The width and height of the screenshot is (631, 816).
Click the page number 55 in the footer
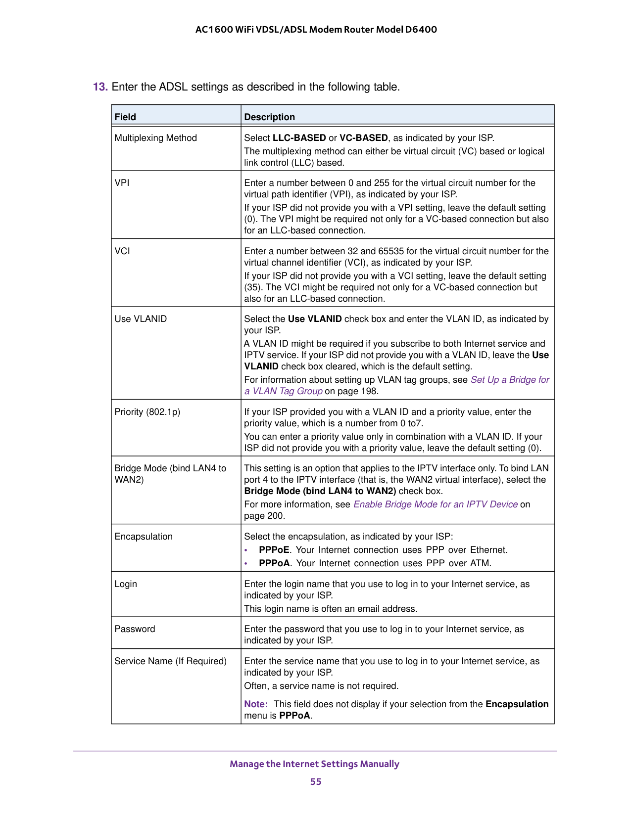[316, 781]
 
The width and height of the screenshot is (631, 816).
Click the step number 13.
[100, 87]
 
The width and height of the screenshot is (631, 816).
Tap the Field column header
[125, 117]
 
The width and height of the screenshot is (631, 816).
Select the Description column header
[269, 117]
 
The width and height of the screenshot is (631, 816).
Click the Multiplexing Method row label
[155, 138]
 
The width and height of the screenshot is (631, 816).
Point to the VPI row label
[122, 182]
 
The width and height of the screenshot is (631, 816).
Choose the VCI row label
[122, 251]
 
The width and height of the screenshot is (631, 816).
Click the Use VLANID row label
[141, 319]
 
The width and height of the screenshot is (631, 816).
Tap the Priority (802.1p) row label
[147, 411]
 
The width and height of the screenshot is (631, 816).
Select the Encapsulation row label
[144, 537]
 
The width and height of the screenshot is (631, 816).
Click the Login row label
[126, 584]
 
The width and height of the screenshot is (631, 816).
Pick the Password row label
[135, 629]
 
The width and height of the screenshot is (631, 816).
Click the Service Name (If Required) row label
[170, 661]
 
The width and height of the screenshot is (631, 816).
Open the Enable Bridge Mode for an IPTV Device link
[435, 504]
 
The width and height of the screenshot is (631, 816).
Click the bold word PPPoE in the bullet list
[274, 550]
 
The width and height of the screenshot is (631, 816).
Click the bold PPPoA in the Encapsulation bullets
[274, 563]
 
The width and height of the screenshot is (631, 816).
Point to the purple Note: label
[256, 704]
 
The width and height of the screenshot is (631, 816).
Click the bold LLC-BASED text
[299, 138]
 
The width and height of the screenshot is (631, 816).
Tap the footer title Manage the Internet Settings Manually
[314, 764]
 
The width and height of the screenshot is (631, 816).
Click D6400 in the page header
[421, 29]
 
